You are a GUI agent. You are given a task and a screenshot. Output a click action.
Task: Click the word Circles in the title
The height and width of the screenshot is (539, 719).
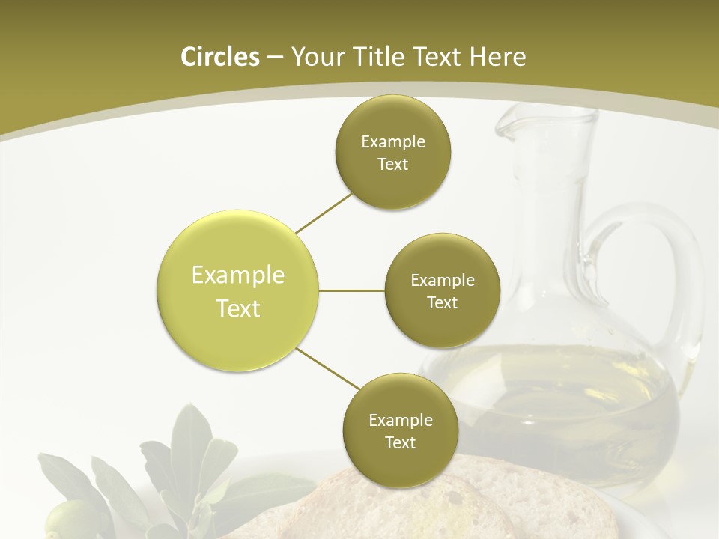point(219,57)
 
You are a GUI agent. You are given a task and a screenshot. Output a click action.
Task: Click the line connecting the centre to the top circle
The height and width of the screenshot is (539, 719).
point(324,212)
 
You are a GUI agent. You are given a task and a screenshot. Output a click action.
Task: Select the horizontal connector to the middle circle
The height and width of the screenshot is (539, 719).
point(351,290)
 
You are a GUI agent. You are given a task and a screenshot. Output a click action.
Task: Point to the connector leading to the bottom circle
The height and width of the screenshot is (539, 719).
point(327,368)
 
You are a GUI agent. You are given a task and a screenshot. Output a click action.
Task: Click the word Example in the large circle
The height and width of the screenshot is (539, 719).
point(237,275)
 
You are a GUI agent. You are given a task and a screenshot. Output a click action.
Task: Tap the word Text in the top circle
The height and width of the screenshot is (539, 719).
point(392,165)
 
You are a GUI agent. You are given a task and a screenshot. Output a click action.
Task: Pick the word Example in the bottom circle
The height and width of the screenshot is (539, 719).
point(400,420)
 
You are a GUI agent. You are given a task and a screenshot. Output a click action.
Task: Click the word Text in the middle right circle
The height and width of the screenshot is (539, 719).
point(442,302)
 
